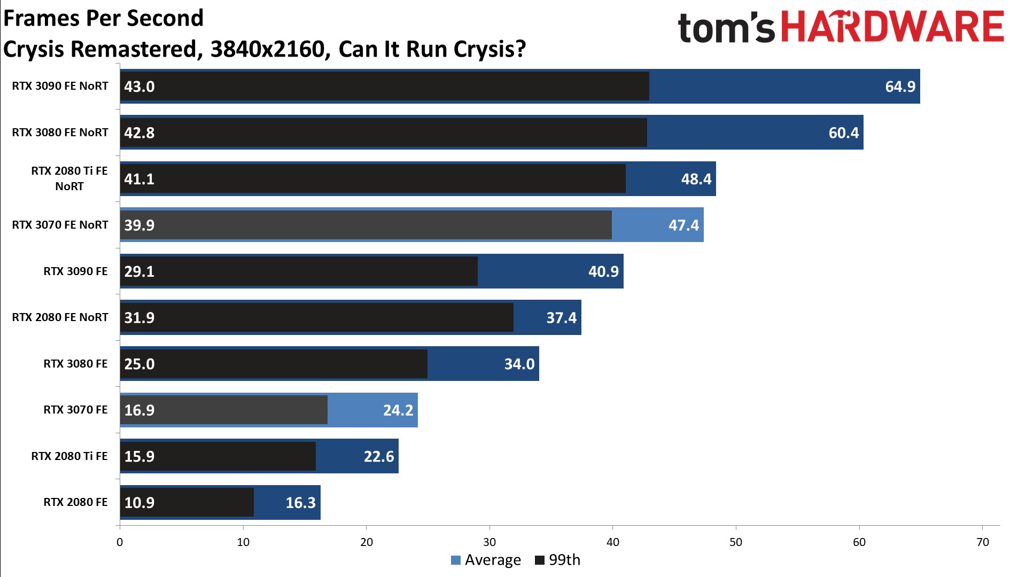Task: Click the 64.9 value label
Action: click(x=900, y=87)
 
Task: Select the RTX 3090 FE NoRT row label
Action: click(x=60, y=86)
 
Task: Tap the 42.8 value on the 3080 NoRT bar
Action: click(x=139, y=132)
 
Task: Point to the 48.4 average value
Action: click(x=696, y=179)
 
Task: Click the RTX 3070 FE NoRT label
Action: click(x=60, y=225)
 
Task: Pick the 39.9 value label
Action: click(x=139, y=225)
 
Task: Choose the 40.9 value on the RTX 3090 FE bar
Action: click(x=603, y=271)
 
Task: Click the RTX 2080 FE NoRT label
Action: click(x=60, y=317)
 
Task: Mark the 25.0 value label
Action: click(x=139, y=364)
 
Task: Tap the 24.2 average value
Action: click(x=398, y=410)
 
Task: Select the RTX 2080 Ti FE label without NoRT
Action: click(x=69, y=456)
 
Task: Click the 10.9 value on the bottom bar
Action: click(x=139, y=503)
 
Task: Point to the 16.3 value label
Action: click(x=300, y=503)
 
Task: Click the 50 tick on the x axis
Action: click(x=736, y=542)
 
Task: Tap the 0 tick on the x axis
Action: click(x=120, y=542)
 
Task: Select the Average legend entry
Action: click(x=486, y=560)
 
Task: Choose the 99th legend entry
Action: click(x=558, y=560)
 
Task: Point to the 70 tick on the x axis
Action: click(x=982, y=542)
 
